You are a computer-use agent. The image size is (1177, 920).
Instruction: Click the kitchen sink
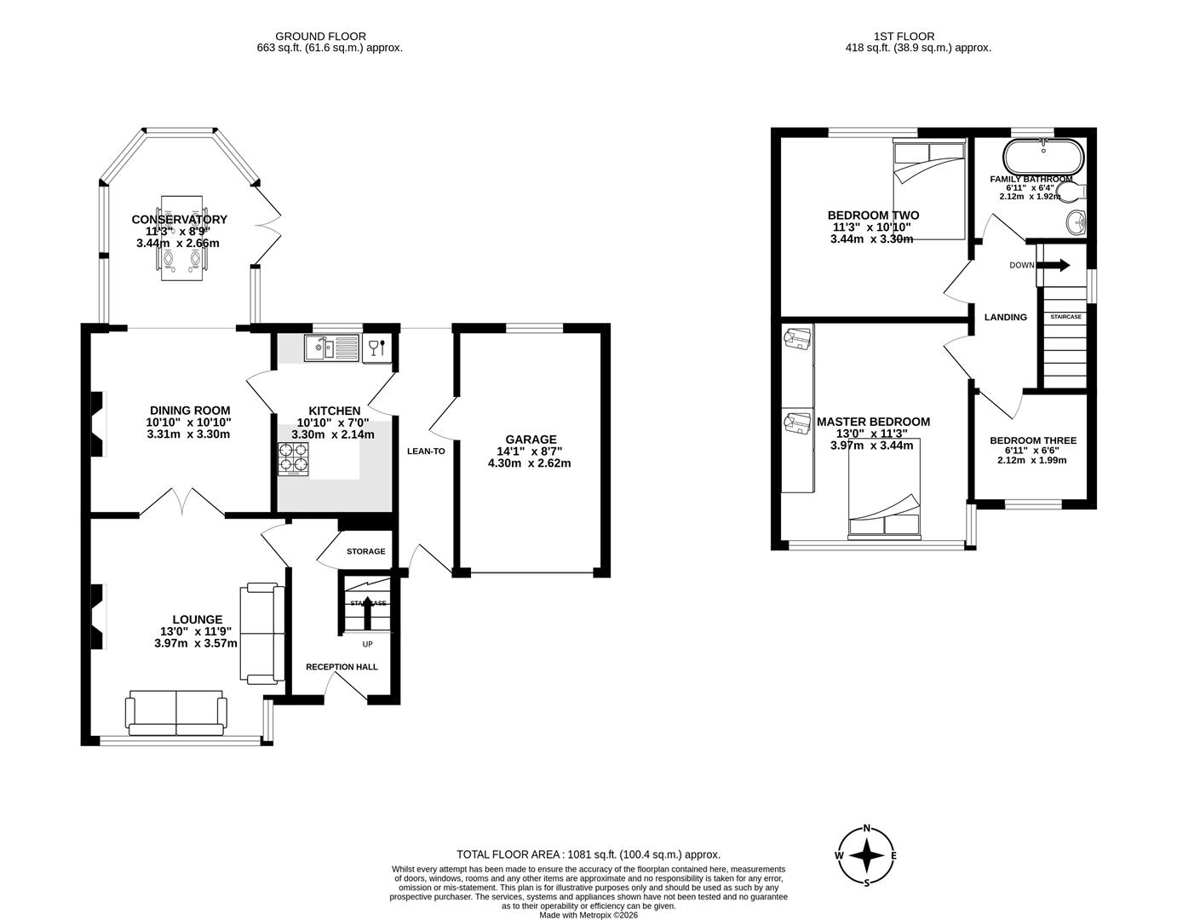(332, 347)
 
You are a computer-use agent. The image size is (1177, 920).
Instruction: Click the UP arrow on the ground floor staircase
(368, 610)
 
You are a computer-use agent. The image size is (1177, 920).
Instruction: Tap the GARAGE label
(529, 440)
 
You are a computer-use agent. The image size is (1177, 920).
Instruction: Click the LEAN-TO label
(425, 451)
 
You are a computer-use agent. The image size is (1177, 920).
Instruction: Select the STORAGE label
(365, 551)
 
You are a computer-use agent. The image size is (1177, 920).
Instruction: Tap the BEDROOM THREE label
(1032, 440)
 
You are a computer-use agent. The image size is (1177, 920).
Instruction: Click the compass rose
(866, 855)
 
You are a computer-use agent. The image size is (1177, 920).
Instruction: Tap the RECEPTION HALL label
(342, 667)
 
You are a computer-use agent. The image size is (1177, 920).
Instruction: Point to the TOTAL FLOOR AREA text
(588, 854)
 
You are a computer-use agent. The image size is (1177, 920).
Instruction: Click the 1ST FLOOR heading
(904, 37)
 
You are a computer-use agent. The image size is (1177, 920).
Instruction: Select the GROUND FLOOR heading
(320, 37)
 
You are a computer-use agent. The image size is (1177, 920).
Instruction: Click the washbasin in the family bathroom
(1075, 222)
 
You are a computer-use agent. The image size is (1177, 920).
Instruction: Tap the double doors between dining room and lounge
(182, 503)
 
